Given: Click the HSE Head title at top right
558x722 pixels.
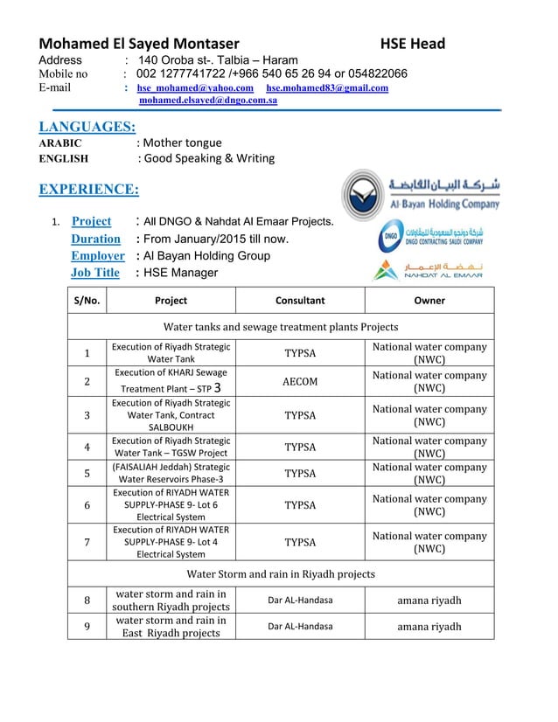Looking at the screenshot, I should point(412,44).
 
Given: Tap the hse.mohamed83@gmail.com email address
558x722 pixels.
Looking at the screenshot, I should point(327,88).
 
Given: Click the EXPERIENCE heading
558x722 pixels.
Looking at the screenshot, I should point(89,189).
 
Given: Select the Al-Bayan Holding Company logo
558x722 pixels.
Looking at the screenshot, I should point(421,194).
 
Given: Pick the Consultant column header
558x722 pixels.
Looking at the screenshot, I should point(300,301).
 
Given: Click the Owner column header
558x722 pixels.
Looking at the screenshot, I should point(429,301).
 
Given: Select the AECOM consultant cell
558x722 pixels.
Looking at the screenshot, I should point(300,381).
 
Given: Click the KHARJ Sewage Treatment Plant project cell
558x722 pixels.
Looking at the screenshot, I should point(171,381).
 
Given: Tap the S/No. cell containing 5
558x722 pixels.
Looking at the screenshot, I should point(87,474).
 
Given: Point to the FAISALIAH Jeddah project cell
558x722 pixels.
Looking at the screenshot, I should point(171,474).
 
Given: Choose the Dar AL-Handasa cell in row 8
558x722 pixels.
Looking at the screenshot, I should point(300,600).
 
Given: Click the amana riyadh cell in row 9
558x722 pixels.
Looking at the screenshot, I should point(429,627).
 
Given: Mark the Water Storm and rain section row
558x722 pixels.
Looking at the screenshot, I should point(281,574).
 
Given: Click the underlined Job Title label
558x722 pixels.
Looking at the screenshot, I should point(95,273).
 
